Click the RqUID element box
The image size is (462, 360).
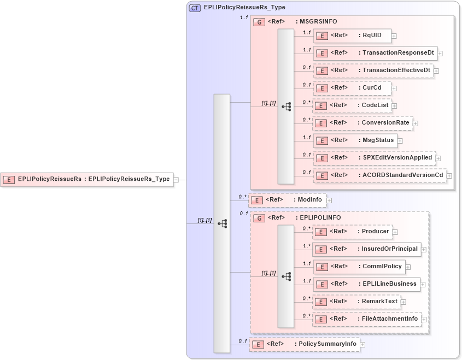point(352,36)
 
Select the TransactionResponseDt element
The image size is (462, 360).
point(375,53)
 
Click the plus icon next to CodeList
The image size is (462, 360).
point(394,105)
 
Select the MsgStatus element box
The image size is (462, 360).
point(354,140)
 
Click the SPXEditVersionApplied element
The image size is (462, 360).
point(374,157)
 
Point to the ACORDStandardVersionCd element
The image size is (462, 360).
point(379,175)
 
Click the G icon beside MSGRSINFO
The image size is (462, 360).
point(260,22)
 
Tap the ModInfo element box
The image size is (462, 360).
point(288,200)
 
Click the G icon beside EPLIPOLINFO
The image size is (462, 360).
point(260,217)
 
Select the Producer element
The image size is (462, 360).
point(352,231)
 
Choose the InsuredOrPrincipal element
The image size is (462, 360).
point(367,249)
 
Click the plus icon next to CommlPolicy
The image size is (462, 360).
point(408,267)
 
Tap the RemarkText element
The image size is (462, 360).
point(356,301)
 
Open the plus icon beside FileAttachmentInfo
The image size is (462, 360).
point(424,319)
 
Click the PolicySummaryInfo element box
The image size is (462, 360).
point(305,344)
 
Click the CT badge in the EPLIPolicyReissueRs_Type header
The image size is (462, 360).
point(195,8)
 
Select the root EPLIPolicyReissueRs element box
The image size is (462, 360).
point(87,179)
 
